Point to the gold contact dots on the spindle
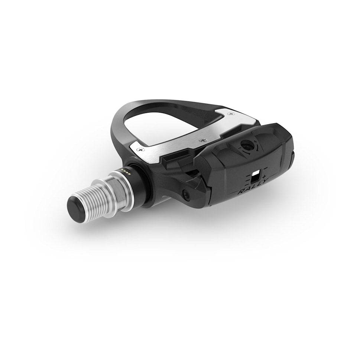(x=126, y=171)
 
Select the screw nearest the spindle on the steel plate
(x=140, y=149)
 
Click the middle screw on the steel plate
(x=202, y=140)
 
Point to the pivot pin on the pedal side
(x=185, y=193)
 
